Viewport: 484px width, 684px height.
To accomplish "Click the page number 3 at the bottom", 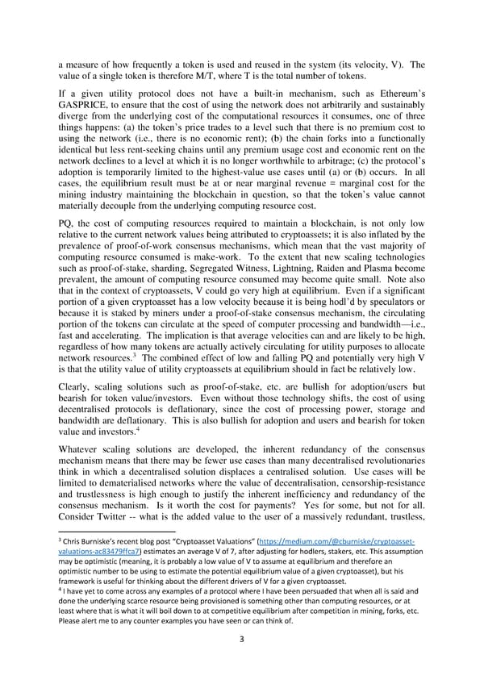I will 242,639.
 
